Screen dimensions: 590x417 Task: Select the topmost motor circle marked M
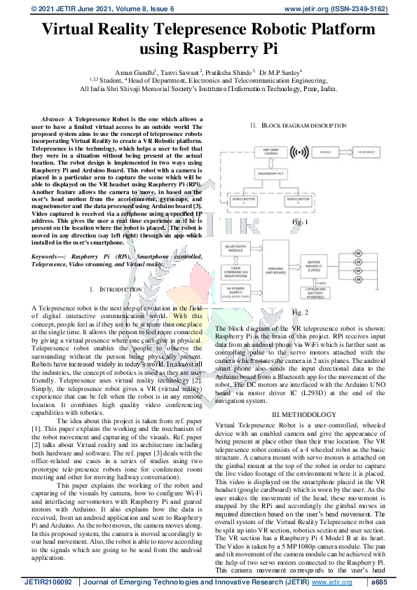pos(357,252)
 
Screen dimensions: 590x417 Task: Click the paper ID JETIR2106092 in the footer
pos(49,582)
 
